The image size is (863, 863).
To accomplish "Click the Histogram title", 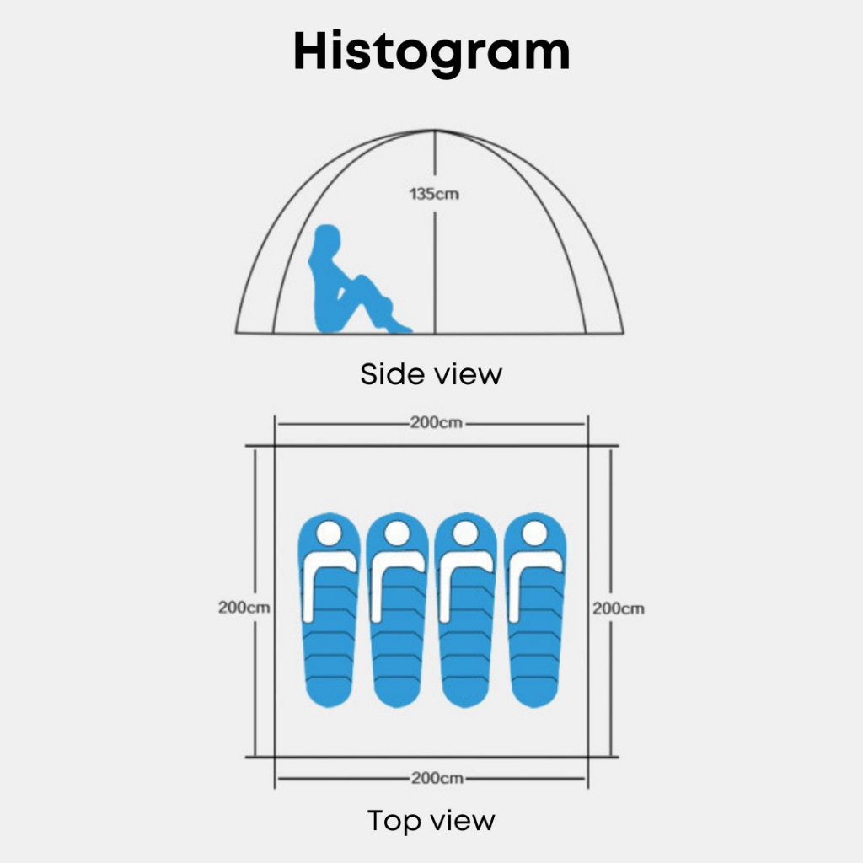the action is pos(431,52).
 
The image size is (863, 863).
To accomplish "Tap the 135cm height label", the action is pos(434,193).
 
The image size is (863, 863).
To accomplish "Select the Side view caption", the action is pos(431,373).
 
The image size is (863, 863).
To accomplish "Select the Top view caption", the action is pos(431,820).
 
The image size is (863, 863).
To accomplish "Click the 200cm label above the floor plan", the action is pos(436,423).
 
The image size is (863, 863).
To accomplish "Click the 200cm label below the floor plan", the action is pos(436,778).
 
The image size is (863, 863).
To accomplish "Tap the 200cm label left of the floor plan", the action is pos(244,607).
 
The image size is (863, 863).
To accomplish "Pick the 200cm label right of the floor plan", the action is pos(618,607).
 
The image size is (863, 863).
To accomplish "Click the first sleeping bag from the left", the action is pos(330,611).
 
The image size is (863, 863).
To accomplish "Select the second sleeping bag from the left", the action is pos(398,611).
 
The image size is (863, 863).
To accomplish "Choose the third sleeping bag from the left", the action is pos(466,611).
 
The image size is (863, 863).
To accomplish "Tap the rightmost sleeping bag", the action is pos(534,611).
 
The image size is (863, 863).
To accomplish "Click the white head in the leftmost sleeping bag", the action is pos(330,533).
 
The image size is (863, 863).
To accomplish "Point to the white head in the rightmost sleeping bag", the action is pos(534,533).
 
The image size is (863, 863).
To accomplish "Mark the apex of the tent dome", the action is pos(434,131).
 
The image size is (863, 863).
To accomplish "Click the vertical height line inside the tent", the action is pos(434,270).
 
